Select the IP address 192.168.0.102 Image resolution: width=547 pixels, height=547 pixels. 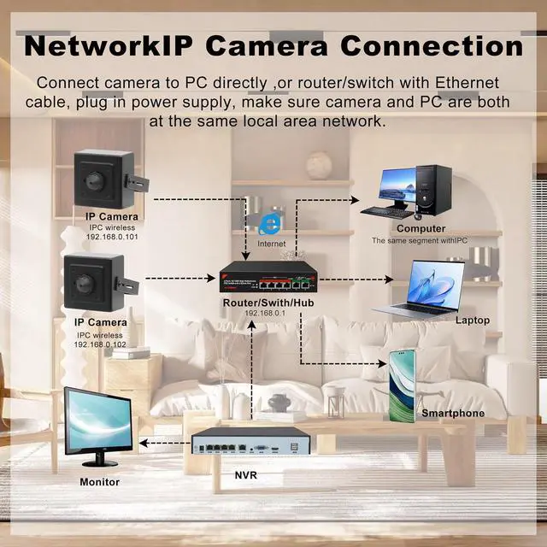coord(99,344)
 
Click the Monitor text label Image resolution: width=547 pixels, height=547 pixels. coord(100,482)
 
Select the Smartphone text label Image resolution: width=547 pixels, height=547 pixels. coord(453,414)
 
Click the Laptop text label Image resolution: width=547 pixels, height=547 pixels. coord(473,321)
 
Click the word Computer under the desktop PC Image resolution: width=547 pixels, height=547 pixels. coord(421,229)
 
